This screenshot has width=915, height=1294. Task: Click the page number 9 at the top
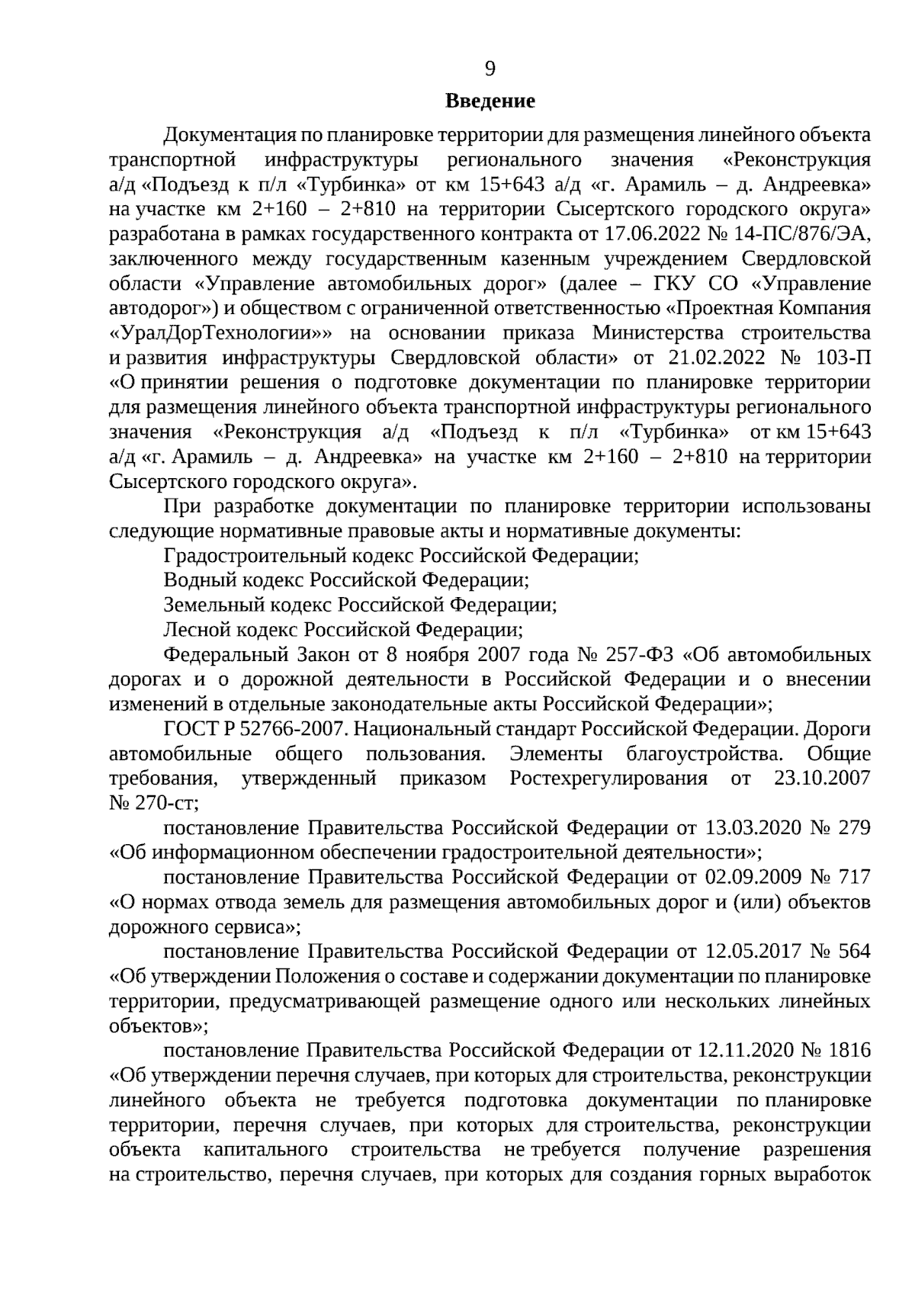pyautogui.click(x=490, y=69)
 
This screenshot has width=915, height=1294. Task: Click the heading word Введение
pyautogui.click(x=490, y=101)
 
